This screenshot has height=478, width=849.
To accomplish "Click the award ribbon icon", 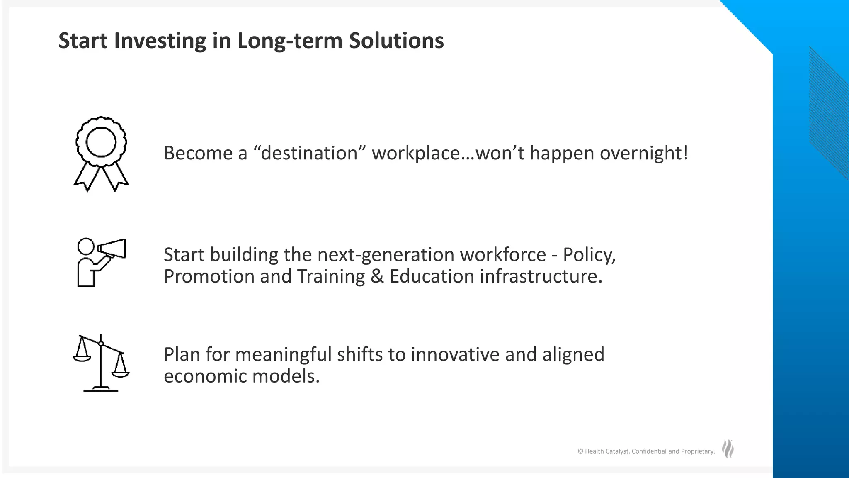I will (101, 154).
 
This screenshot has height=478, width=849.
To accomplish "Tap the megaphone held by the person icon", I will (112, 249).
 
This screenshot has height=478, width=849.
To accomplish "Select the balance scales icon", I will (101, 363).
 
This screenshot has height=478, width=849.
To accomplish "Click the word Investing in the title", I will (160, 41).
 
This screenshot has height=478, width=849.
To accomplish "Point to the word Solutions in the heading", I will (396, 41).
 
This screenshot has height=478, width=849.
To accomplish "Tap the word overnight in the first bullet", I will (644, 153).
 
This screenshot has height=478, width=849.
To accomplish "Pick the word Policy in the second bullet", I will (588, 255).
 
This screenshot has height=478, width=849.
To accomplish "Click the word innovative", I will (452, 355).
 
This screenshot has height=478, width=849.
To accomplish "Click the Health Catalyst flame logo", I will (728, 449).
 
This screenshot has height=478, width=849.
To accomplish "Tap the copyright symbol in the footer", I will (580, 451).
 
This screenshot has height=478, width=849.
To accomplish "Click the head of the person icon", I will (86, 246).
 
